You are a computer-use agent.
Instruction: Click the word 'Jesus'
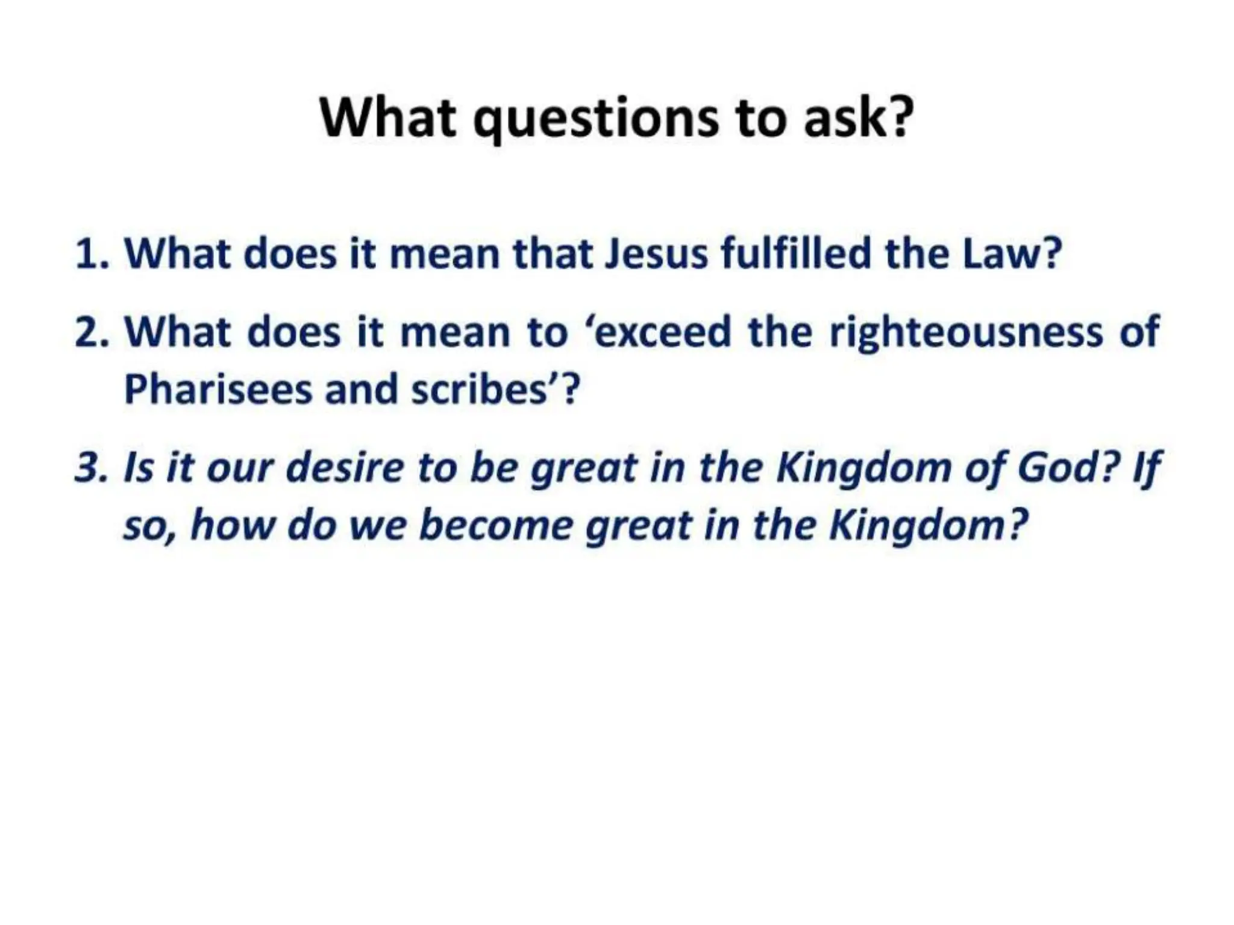click(x=656, y=254)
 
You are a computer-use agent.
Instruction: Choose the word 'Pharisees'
click(x=218, y=390)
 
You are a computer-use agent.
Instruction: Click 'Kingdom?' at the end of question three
click(x=928, y=525)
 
